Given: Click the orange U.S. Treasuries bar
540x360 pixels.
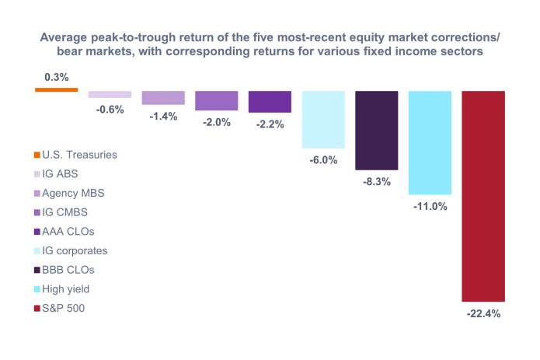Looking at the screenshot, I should coord(57,89).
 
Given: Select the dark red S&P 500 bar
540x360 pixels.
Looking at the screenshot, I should coord(483,195).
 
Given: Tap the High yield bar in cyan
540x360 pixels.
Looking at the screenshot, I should coord(430,142).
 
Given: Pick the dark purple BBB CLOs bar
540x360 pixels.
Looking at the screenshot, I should coord(377,130).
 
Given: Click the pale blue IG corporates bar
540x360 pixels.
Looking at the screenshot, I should coord(323,119).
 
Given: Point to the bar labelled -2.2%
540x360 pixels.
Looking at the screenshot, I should coord(270,102).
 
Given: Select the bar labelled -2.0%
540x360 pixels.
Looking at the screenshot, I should coord(217,100).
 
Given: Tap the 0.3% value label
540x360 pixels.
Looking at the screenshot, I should coord(57,77).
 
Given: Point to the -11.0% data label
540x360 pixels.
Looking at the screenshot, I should coord(430,208).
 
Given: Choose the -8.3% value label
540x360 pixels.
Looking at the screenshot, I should coord(377,182).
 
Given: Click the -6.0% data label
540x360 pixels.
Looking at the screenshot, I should coord(323,160).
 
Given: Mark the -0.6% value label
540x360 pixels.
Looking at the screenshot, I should coord(110,110).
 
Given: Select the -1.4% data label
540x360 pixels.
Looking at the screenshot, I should coord(163,117).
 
